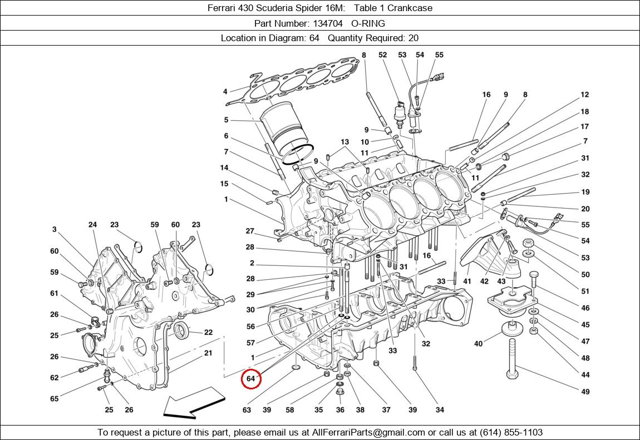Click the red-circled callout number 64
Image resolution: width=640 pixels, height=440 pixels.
[x=250, y=379]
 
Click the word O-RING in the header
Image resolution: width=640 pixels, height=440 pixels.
[x=368, y=23]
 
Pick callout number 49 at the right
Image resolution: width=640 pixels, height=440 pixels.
[x=585, y=392]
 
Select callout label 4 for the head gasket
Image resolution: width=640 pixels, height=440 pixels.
[x=225, y=92]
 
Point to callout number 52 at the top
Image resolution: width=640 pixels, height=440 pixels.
[x=382, y=55]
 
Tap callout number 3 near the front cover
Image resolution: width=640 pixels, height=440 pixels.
[x=55, y=229]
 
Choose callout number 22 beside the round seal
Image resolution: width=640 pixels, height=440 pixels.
[x=208, y=333]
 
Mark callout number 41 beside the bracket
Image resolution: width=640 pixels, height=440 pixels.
[x=467, y=281]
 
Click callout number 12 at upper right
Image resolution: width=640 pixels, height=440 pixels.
[x=585, y=95]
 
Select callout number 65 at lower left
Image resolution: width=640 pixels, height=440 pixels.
[x=54, y=399]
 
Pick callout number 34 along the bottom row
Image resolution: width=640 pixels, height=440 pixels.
[x=440, y=410]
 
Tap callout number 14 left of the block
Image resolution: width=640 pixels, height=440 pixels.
[x=224, y=167]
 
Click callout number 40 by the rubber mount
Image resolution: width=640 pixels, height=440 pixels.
[x=478, y=344]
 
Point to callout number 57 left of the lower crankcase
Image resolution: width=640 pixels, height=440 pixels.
[x=251, y=343]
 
